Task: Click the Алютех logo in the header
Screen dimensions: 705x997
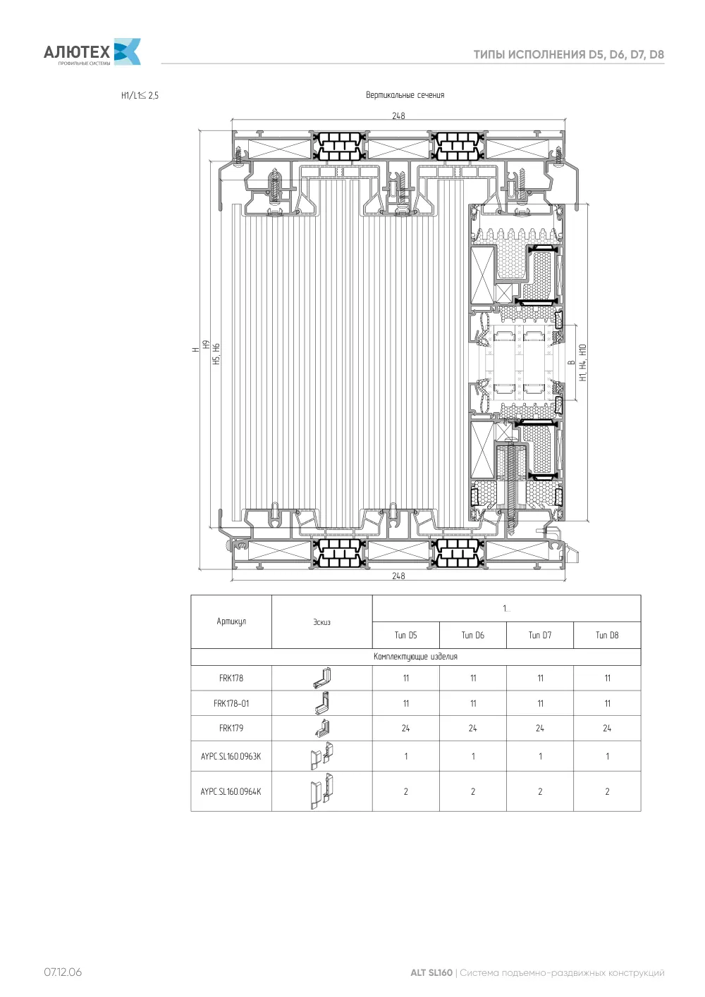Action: (92, 51)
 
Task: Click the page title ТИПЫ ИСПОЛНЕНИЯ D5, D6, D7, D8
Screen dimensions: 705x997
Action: (568, 54)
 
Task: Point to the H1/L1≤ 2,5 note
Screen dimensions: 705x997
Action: (140, 95)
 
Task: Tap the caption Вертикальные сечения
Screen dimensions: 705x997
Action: (405, 95)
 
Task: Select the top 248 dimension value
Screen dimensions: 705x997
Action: (398, 116)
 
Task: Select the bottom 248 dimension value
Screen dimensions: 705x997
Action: (398, 576)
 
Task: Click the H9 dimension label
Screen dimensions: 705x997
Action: (206, 344)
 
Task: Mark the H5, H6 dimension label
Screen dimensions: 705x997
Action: (216, 354)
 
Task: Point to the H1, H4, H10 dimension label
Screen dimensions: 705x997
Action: (582, 362)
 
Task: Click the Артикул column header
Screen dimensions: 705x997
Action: (231, 621)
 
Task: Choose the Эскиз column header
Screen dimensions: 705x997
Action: (321, 622)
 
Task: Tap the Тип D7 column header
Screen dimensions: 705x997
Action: (540, 635)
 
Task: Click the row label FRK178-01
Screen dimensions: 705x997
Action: (231, 703)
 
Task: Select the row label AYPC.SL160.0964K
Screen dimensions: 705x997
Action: (231, 791)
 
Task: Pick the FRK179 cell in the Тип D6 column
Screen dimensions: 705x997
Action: (472, 728)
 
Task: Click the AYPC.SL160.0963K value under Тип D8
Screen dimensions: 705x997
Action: (607, 756)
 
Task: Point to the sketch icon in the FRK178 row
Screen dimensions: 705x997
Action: (322, 678)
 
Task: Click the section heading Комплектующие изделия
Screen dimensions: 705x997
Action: (415, 657)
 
